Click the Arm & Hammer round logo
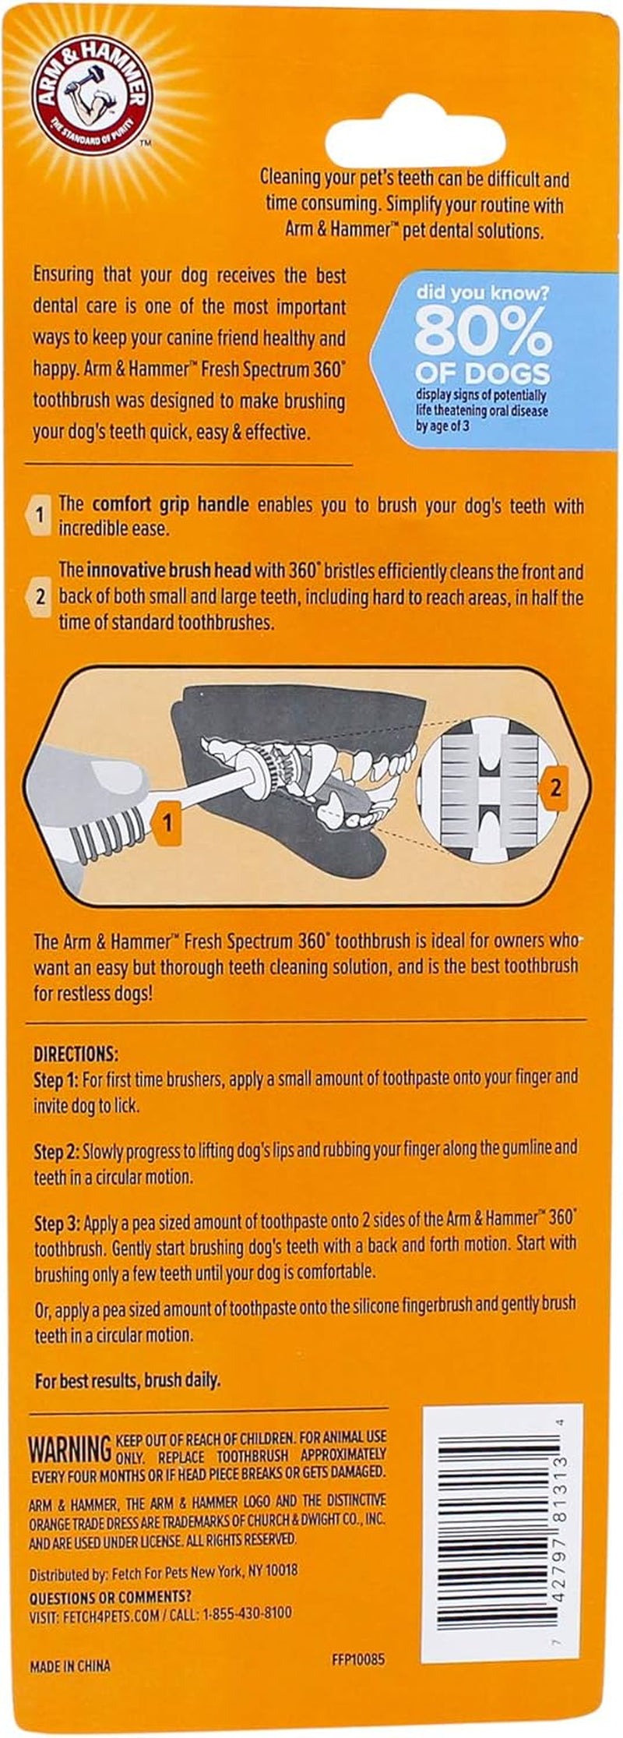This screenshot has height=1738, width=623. pyautogui.click(x=93, y=93)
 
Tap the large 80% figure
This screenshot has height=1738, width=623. pyautogui.click(x=482, y=334)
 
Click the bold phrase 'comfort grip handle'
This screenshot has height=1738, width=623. pyautogui.click(x=171, y=504)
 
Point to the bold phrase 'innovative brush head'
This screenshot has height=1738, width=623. pyautogui.click(x=169, y=571)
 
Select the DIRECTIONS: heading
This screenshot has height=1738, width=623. pyautogui.click(x=76, y=1054)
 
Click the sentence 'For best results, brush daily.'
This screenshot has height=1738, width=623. pyautogui.click(x=128, y=1380)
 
